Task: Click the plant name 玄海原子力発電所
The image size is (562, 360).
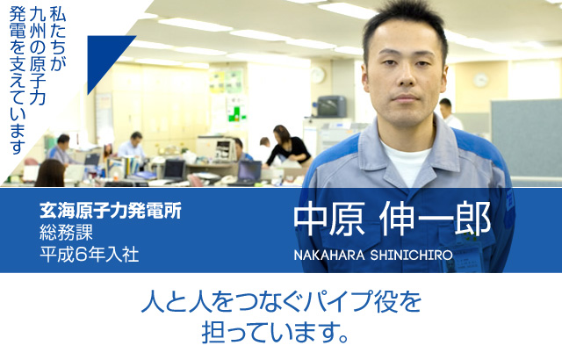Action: pyautogui.click(x=111, y=212)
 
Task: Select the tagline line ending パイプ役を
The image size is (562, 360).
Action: pyautogui.click(x=281, y=304)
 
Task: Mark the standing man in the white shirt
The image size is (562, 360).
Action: pyautogui.click(x=448, y=114)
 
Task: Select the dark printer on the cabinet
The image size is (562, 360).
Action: pyautogui.click(x=331, y=106)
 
